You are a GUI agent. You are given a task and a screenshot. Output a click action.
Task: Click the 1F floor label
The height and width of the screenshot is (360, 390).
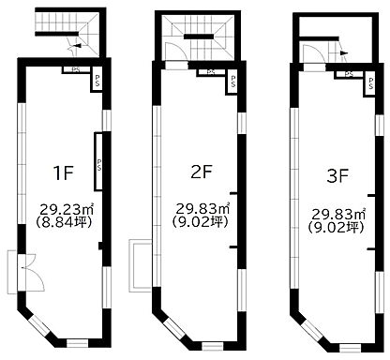pyautogui.click(x=64, y=172)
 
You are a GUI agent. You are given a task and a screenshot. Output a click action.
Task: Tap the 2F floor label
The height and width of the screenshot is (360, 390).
pyautogui.click(x=202, y=172)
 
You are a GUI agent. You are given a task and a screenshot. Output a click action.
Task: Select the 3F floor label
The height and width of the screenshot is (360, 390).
pyautogui.click(x=337, y=176)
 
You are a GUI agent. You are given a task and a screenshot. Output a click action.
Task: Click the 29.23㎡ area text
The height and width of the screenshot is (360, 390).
pyautogui.click(x=67, y=209)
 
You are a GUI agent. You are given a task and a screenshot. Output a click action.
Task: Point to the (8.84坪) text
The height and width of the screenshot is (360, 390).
pyautogui.click(x=65, y=222)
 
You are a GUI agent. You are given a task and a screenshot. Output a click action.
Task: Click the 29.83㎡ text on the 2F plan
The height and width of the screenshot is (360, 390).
pyautogui.click(x=202, y=208)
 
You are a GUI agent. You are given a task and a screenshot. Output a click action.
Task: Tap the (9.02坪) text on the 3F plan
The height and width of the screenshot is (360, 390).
pyautogui.click(x=336, y=227)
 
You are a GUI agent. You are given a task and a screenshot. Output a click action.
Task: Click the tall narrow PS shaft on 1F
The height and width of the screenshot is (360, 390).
pyautogui.click(x=98, y=162)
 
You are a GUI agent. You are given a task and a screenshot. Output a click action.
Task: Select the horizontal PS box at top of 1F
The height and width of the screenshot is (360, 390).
pyautogui.click(x=76, y=70)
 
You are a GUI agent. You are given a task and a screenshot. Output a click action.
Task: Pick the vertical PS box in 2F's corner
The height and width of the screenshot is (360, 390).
pyautogui.click(x=232, y=82)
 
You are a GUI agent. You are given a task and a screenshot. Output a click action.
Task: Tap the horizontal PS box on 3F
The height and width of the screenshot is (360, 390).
pyautogui.click(x=350, y=74)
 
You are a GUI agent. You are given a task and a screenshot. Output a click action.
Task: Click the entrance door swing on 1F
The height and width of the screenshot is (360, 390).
pyautogui.click(x=34, y=273)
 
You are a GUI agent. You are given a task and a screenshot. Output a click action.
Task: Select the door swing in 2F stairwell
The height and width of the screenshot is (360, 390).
pyautogui.click(x=176, y=51)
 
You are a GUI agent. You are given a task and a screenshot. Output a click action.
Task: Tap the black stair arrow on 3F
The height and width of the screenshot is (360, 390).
pyautogui.click(x=343, y=52)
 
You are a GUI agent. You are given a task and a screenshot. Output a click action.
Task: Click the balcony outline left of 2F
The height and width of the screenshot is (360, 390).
pyautogui.click(x=140, y=266)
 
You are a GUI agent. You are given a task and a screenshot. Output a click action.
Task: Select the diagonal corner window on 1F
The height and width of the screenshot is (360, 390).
pyautogui.click(x=40, y=325)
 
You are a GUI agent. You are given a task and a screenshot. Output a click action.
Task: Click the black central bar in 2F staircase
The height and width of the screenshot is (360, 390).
pyautogui.click(x=199, y=37)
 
